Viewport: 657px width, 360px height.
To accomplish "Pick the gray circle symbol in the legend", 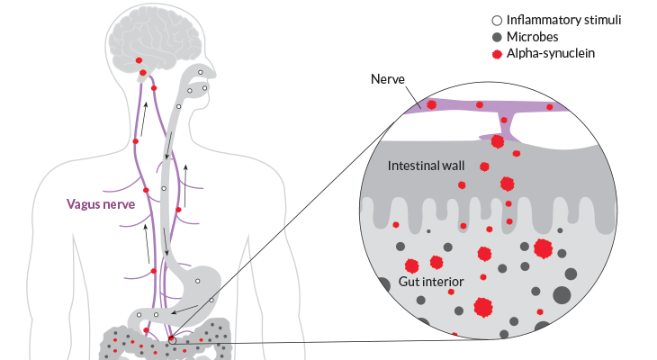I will click(x=497, y=37).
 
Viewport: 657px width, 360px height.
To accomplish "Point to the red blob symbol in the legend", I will click(x=497, y=54).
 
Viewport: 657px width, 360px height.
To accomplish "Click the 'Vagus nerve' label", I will click(x=102, y=203).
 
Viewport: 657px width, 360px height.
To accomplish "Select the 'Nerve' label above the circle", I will click(x=388, y=80).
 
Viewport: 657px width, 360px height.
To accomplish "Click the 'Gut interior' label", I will click(x=430, y=282).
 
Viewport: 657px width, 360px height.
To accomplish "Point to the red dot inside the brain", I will click(x=139, y=60).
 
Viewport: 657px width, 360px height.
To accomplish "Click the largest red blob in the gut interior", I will click(x=483, y=307).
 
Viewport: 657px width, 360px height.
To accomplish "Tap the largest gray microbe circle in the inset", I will click(x=562, y=295).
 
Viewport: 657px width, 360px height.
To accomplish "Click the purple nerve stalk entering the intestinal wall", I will click(x=501, y=125).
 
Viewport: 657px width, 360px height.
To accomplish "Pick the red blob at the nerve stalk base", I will click(x=497, y=141).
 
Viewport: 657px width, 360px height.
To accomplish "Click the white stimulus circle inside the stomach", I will click(x=212, y=299).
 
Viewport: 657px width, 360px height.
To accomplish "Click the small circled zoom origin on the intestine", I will click(x=172, y=340).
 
